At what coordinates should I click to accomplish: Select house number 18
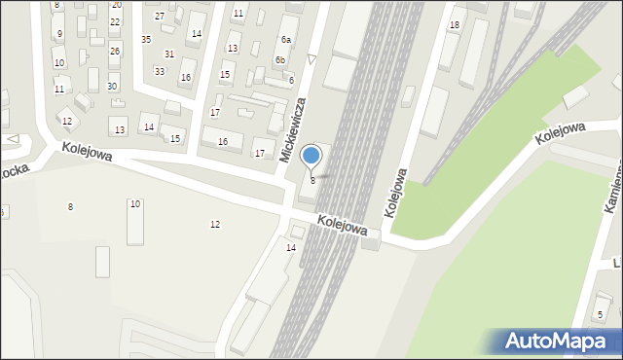[454, 24]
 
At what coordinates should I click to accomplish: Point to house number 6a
[286, 40]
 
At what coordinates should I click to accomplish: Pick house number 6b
[279, 60]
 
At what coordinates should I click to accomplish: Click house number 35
[146, 40]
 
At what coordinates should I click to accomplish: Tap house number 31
[169, 54]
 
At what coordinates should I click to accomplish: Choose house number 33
[159, 71]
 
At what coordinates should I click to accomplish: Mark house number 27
[160, 17]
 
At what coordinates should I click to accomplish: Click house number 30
[112, 87]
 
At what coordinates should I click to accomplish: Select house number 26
[115, 51]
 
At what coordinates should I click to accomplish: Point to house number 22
[115, 21]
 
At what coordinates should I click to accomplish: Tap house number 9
[59, 34]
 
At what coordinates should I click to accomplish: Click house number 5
[600, 314]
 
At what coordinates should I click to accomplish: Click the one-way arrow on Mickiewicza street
[311, 59]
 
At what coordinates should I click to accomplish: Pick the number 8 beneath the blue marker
[312, 181]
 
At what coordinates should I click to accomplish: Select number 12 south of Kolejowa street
[215, 225]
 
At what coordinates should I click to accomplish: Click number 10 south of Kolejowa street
[135, 203]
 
